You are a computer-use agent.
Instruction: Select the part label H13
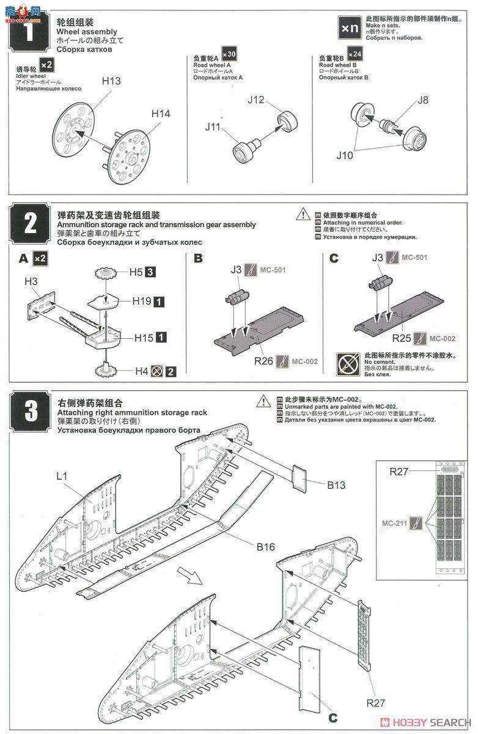111,80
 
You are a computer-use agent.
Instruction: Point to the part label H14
161,114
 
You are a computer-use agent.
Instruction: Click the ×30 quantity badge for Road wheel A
229,54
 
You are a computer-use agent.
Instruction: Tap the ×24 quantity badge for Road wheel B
354,54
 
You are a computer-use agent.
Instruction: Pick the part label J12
257,100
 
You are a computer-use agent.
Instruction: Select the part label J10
344,155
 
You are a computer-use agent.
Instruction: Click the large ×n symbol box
351,28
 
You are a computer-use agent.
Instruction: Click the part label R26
264,361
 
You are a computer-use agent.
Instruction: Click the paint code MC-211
394,523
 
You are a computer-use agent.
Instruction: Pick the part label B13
336,486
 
